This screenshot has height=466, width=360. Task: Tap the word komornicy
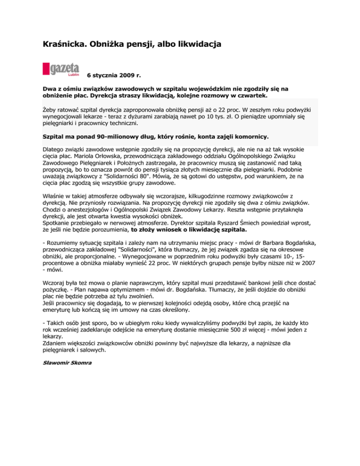pyautogui.click(x=249, y=137)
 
